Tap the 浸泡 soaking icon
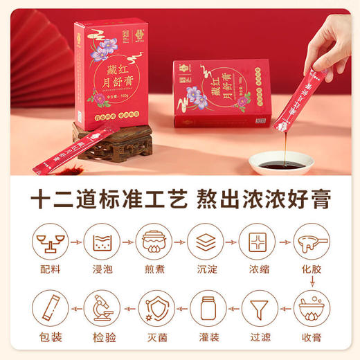tap(103, 241)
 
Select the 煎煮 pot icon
tap(154, 241)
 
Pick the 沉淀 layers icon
tap(205, 241)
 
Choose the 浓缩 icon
tap(256, 241)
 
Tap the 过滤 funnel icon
tap(256, 307)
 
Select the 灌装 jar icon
tap(205, 307)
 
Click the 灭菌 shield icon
tap(154, 307)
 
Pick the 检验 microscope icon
tap(103, 307)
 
